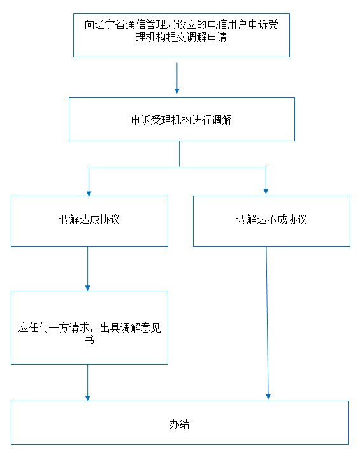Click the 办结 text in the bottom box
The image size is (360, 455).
point(180,424)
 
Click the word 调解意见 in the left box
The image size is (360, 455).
point(140,328)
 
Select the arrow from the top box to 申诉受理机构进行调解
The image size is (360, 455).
point(177,78)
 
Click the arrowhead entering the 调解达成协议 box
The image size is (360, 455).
point(89,194)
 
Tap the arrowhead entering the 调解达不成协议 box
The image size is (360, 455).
point(266,192)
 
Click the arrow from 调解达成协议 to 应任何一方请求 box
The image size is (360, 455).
point(87,268)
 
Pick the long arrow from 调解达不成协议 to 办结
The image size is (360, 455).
point(267,322)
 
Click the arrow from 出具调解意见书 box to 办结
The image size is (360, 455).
point(87,382)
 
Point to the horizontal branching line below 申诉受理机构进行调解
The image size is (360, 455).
point(177,168)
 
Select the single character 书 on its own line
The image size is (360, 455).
point(89,340)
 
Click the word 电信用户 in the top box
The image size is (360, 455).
point(227,25)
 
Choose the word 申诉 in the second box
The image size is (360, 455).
point(141,120)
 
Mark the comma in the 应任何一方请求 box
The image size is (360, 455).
point(94,329)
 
